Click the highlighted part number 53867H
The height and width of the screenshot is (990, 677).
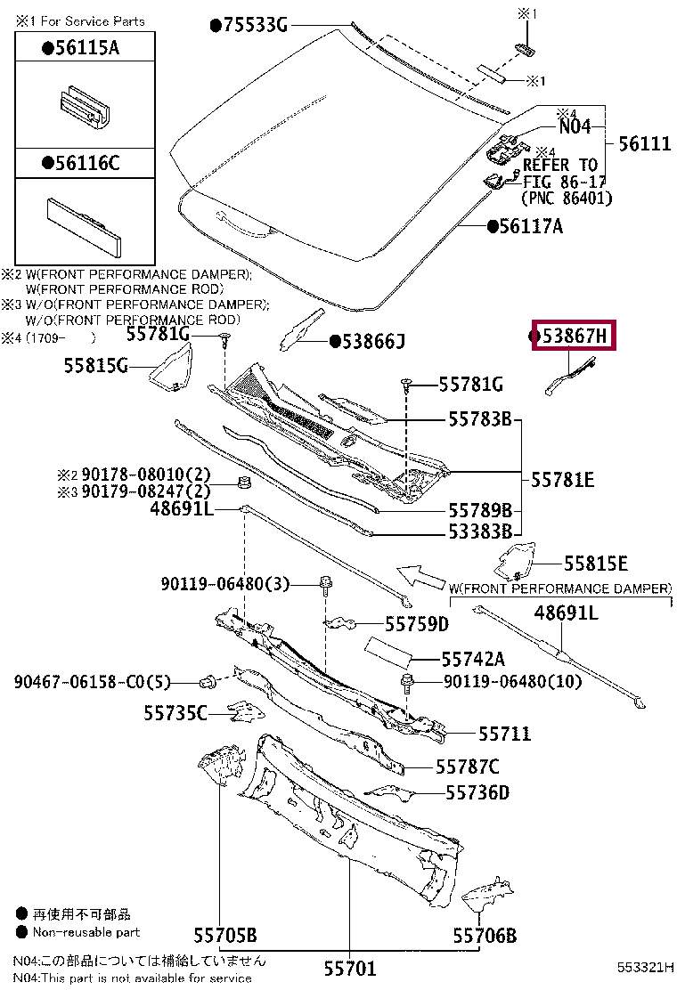[x=575, y=336]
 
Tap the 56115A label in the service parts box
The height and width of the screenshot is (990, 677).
[x=86, y=49]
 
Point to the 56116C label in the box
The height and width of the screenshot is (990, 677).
[x=86, y=163]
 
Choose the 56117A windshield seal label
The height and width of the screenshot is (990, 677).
[x=530, y=226]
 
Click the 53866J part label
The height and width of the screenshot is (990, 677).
[x=372, y=340]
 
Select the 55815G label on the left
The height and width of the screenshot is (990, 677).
[x=96, y=365]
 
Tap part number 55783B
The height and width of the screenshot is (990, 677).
[x=479, y=418]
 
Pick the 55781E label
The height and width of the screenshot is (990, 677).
[x=562, y=480]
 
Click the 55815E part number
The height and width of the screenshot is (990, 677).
[x=595, y=564]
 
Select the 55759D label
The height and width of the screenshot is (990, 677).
[x=416, y=624]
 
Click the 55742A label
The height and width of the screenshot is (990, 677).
[x=472, y=659]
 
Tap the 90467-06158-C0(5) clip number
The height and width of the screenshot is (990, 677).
[x=91, y=683]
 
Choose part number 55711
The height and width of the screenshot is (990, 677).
[x=504, y=734]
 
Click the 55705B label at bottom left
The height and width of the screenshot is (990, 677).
[x=225, y=935]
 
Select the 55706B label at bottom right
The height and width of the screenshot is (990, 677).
[x=484, y=936]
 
